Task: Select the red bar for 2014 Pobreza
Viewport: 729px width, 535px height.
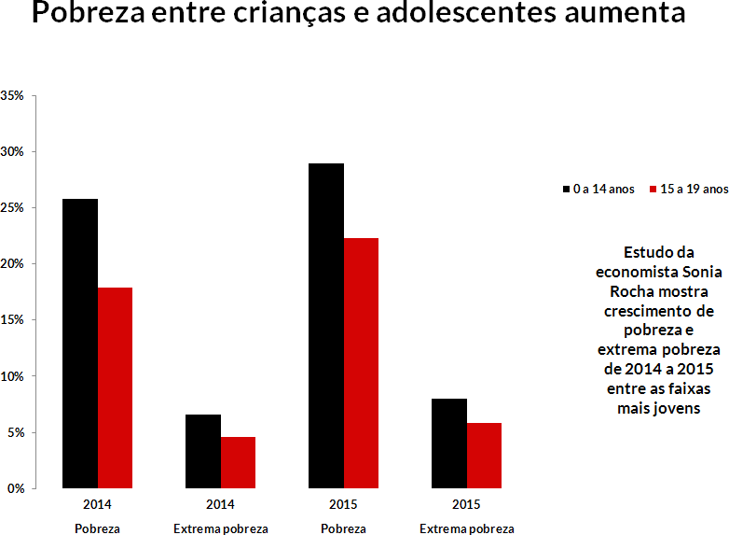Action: coord(115,387)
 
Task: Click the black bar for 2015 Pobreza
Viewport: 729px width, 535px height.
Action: coord(326,326)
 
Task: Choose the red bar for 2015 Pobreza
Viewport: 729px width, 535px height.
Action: coord(361,363)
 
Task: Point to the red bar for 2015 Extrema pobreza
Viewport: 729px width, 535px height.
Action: coord(484,456)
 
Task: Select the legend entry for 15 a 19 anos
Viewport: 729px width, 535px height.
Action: coord(687,189)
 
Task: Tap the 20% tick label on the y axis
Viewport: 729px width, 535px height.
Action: coord(13,263)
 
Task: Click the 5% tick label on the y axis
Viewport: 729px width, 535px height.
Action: coord(16,432)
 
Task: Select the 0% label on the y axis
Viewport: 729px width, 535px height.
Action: coord(16,488)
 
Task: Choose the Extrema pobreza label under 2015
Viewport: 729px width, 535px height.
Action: coord(466,528)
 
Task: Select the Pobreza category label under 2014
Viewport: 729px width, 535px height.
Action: coord(97,528)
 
